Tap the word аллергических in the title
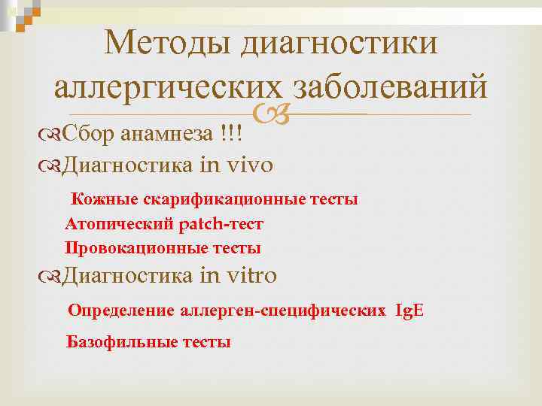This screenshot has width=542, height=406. tap(167, 87)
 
